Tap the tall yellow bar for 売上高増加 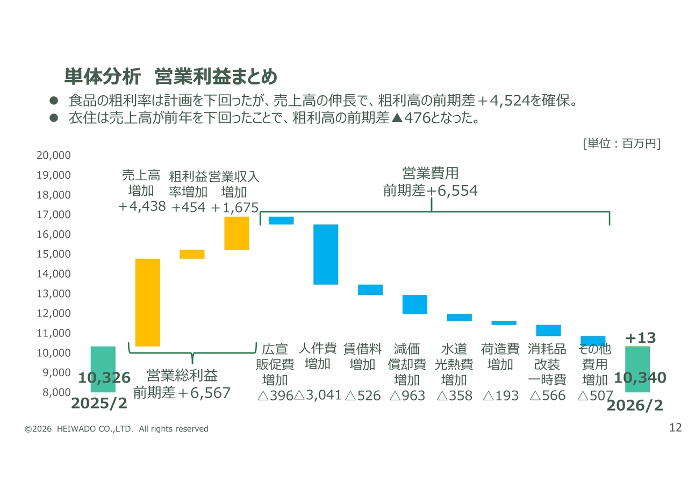tap(147, 302)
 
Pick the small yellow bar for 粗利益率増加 tap(192, 254)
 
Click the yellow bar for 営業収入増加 tap(236, 233)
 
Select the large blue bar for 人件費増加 tap(326, 254)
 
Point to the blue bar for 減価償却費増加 tap(414, 304)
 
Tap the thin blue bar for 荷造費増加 tap(504, 323)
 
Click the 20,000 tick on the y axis tap(54, 155)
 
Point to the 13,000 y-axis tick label tap(54, 293)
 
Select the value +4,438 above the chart tap(142, 206)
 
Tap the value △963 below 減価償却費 tap(407, 396)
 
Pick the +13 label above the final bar tap(640, 338)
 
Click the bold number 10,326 tap(104, 378)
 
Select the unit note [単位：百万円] tap(621, 144)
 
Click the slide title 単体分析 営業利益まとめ tap(170, 76)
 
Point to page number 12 tap(675, 428)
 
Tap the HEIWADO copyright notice tap(116, 429)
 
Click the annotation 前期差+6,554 tap(430, 190)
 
